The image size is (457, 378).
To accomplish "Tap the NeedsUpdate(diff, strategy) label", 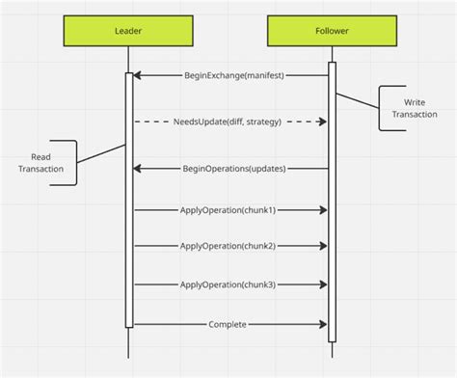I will click(x=229, y=121).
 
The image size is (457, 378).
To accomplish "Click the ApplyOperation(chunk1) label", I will click(x=228, y=209).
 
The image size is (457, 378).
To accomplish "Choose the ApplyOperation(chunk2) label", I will click(x=228, y=246).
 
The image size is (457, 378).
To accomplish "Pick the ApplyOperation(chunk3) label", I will click(x=228, y=284).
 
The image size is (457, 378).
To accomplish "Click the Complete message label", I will click(x=228, y=324).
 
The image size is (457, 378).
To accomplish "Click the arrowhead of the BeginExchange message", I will click(x=137, y=75).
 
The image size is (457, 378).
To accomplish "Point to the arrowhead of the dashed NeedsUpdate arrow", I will click(x=323, y=121).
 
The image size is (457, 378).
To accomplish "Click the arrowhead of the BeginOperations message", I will click(x=137, y=169).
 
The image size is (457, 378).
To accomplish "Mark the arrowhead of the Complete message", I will click(x=323, y=324).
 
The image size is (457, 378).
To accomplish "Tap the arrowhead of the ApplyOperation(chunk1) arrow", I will click(x=323, y=209).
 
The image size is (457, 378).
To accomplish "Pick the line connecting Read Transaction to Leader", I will click(x=100, y=154).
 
